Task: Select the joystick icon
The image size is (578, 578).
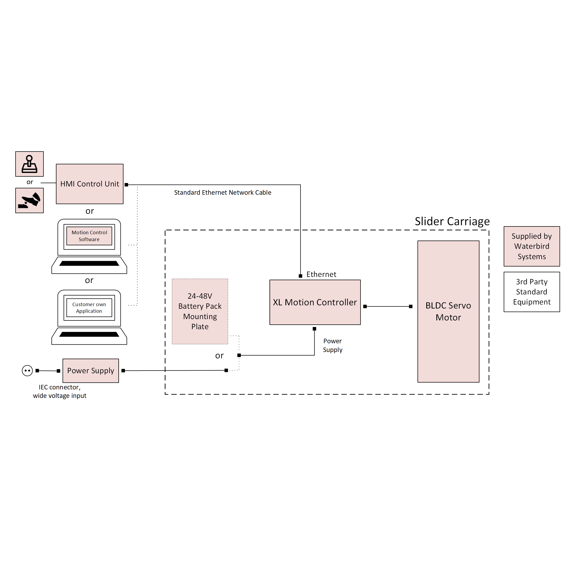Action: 29,164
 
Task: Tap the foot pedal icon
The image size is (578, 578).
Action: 29,200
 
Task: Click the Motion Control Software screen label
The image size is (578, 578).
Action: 89,236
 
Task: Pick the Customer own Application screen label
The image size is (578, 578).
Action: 89,307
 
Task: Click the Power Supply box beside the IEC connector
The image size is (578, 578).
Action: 91,370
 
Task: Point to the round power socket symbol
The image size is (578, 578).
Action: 27,370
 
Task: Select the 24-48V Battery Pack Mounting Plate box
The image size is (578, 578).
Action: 200,311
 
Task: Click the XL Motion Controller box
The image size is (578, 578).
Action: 315,302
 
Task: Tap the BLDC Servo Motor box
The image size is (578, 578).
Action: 448,311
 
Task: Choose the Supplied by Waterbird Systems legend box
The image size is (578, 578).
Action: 532,246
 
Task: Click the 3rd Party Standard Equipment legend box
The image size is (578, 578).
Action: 532,292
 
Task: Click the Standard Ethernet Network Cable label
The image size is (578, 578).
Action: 223,192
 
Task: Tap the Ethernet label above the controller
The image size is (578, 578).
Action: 321,274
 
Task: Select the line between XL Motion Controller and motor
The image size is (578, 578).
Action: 388,306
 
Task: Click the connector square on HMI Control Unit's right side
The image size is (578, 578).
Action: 126,185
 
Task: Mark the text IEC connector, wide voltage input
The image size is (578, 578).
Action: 59,391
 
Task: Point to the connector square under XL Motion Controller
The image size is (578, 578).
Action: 314,329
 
